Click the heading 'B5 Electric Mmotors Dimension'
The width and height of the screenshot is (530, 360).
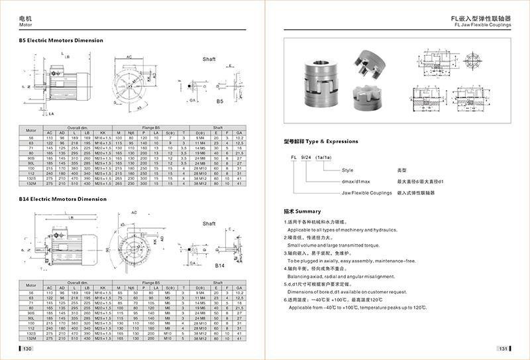pos(61,40)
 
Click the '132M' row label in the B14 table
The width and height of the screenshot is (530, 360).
pos(30,338)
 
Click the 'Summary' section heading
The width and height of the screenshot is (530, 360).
pos(293,211)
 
